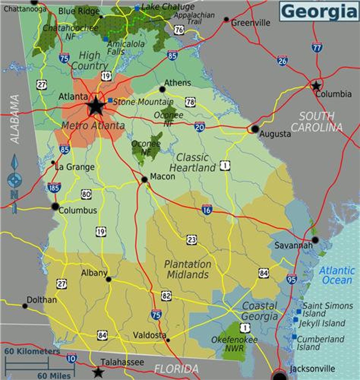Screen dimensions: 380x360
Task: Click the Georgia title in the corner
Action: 319,11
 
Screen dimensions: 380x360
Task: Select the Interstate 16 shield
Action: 207,209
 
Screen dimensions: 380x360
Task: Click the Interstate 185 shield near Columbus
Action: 54,188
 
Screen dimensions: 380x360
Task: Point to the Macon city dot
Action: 144,179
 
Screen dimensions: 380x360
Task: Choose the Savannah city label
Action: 293,245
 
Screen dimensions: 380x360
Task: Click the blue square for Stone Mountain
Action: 110,100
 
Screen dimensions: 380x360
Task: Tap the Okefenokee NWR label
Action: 234,344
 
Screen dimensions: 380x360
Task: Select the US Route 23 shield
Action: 191,240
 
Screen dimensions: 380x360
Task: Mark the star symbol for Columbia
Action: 316,86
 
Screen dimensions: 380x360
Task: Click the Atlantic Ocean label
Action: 337,275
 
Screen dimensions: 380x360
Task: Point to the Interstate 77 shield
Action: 316,47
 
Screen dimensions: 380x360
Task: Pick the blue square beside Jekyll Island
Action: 296,320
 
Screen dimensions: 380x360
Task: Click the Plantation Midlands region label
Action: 188,269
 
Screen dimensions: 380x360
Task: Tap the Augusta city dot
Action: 255,129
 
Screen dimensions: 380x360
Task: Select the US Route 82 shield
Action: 166,296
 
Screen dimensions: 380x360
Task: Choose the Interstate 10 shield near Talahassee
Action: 71,358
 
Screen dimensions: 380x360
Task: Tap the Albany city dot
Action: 109,279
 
